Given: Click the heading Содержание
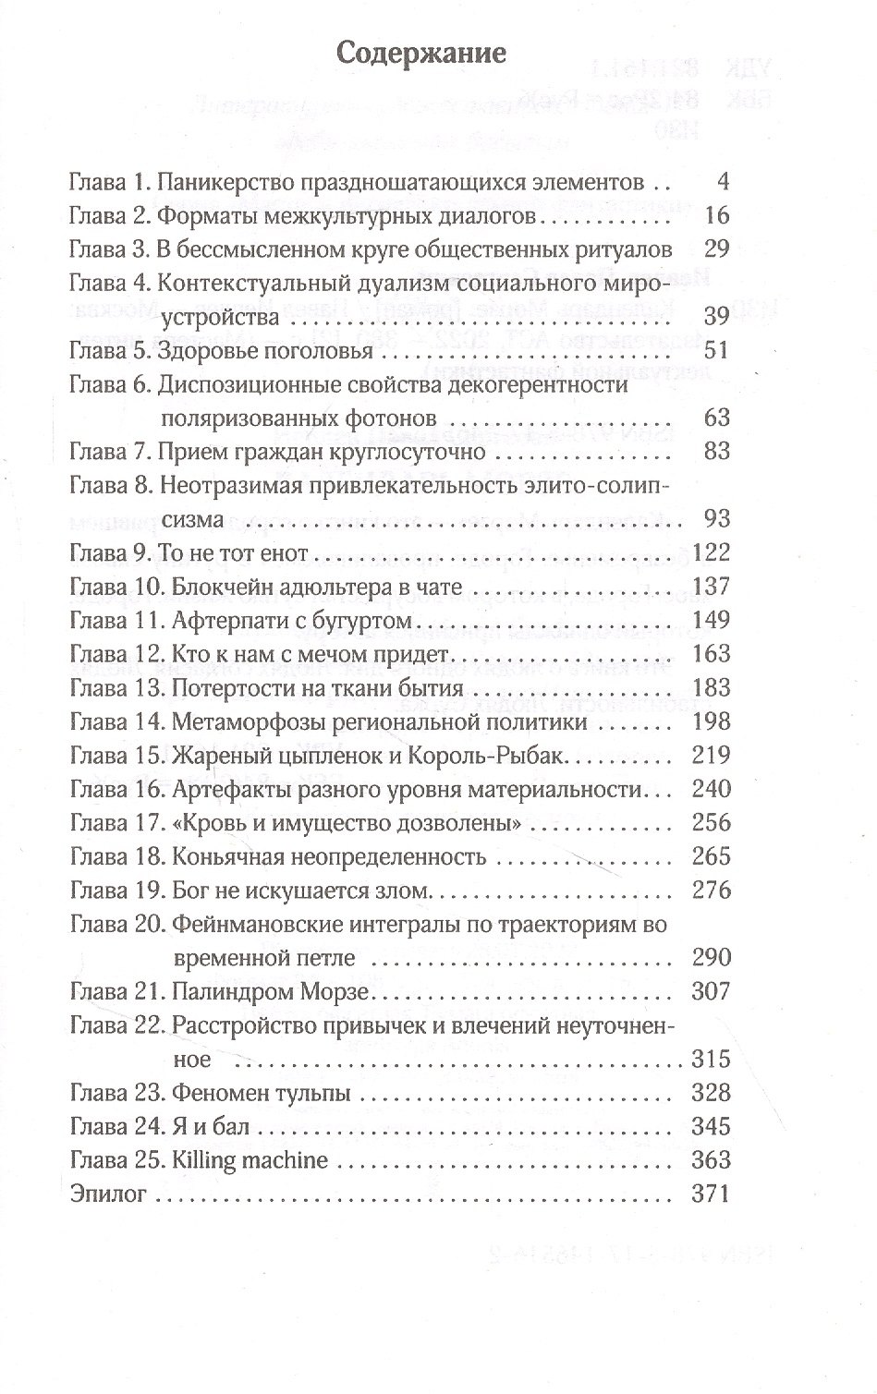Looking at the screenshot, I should point(420,53).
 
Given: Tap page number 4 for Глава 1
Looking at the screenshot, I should point(722,181).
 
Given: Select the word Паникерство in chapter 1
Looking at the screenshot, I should point(220,182).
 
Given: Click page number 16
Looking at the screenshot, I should point(714,215).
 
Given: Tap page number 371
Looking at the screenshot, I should point(710,1194).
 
